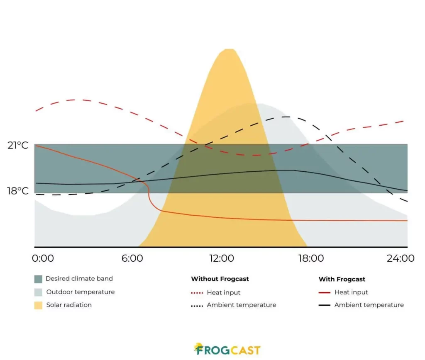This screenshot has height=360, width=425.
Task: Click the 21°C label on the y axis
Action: [18, 146]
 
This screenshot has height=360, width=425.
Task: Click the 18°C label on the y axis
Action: [18, 191]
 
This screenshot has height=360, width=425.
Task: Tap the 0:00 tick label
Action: [43, 258]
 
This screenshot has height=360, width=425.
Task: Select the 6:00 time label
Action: [132, 258]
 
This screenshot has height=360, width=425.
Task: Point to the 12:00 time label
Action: [222, 258]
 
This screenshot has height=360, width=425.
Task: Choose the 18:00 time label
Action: [311, 258]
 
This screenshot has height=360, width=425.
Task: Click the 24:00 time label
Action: [401, 258]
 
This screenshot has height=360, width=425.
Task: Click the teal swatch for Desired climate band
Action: [39, 279]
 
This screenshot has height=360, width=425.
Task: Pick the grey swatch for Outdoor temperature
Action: [39, 292]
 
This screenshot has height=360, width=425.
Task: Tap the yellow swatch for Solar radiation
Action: [39, 305]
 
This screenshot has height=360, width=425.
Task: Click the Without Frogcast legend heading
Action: [220, 279]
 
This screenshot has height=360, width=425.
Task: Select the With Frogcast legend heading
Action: [342, 279]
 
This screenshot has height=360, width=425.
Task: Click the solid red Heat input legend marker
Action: [325, 293]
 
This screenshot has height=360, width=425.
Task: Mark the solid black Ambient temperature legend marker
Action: [325, 305]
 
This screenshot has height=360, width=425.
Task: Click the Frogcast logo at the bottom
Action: [227, 350]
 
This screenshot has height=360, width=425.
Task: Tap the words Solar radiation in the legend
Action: [69, 305]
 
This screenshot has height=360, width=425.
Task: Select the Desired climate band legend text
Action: [79, 279]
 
